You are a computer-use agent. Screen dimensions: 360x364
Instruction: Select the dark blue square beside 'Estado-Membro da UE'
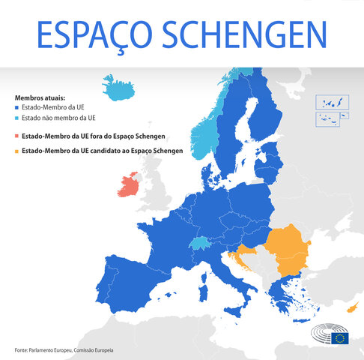point(16,108)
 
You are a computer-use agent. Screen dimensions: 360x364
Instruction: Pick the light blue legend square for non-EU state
point(16,118)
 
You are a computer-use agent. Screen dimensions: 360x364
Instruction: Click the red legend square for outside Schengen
point(16,136)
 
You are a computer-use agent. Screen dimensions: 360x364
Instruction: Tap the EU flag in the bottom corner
point(341,337)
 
